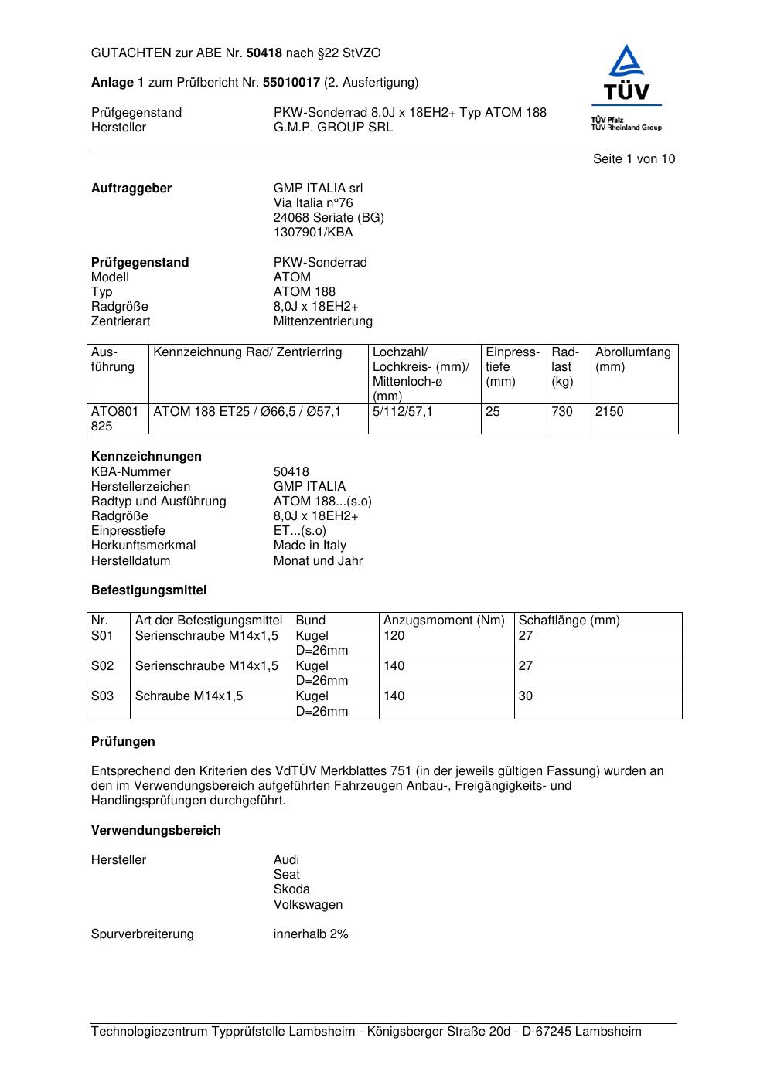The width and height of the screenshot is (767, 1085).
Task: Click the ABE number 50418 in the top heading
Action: [x=264, y=53]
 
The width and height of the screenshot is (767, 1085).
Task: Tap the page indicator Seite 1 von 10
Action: [x=633, y=159]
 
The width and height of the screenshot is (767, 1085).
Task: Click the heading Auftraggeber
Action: [x=131, y=189]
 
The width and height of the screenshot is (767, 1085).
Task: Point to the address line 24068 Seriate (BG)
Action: [x=328, y=218]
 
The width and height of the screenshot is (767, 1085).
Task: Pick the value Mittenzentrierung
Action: [x=322, y=321]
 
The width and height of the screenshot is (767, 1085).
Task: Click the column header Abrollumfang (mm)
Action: [x=632, y=359]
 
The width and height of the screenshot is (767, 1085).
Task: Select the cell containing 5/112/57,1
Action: [x=402, y=412]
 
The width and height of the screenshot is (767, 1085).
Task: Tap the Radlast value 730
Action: [x=562, y=412]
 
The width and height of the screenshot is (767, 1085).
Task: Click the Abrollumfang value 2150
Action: [x=609, y=412]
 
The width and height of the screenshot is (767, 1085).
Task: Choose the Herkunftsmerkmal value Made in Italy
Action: [x=309, y=546]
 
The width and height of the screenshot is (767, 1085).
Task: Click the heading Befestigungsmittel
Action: [x=148, y=590]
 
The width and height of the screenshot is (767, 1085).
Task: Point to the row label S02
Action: [x=102, y=666]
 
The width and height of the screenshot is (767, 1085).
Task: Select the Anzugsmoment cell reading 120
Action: [x=394, y=636]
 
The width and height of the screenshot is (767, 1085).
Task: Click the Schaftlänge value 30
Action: [x=526, y=696]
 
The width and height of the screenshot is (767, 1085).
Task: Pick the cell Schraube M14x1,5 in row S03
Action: [x=189, y=696]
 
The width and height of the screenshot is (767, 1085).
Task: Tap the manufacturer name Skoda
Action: [x=291, y=889]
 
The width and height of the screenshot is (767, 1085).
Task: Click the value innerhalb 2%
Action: [x=311, y=934]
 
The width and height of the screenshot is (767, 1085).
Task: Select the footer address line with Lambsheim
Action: [x=366, y=1032]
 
